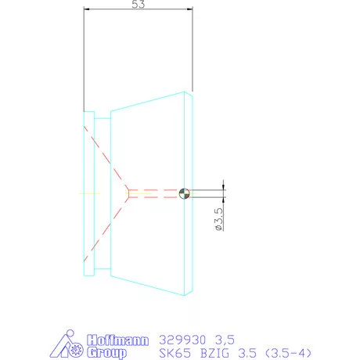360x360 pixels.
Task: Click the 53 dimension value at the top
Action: click(x=139, y=5)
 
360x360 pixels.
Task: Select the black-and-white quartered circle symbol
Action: click(x=184, y=193)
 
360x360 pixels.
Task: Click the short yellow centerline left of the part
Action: click(x=92, y=193)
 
